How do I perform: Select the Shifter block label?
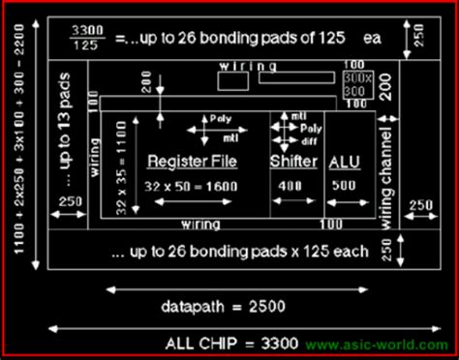pos(293,161)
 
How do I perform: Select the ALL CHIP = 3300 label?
pos(230,342)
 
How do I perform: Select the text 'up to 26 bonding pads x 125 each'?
pos(239,252)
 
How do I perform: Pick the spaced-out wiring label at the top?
pos(243,65)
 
